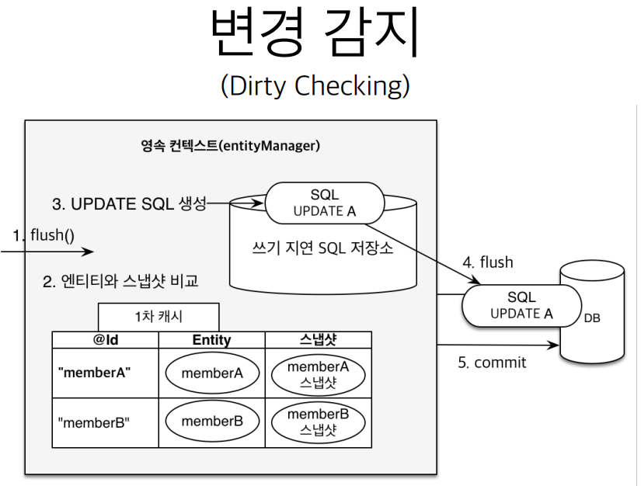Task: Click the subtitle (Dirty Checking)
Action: [x=315, y=85]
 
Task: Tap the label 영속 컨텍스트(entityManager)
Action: [x=231, y=145]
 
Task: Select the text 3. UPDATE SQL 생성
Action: [x=129, y=203]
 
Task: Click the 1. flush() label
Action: [x=44, y=234]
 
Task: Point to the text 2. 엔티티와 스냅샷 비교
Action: [x=120, y=281]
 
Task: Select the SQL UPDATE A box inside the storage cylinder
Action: [x=325, y=202]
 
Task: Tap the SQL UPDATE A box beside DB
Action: [x=521, y=305]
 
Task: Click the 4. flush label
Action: [x=488, y=262]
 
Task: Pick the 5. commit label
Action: [x=491, y=363]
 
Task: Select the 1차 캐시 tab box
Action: [x=158, y=317]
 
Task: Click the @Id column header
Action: [x=105, y=340]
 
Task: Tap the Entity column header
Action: [x=211, y=340]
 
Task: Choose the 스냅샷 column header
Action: [x=319, y=340]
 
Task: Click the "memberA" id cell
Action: [x=94, y=373]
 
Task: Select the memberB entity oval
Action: [x=212, y=422]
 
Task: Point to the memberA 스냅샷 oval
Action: [x=319, y=373]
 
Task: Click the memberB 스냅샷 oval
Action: [x=319, y=422]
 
